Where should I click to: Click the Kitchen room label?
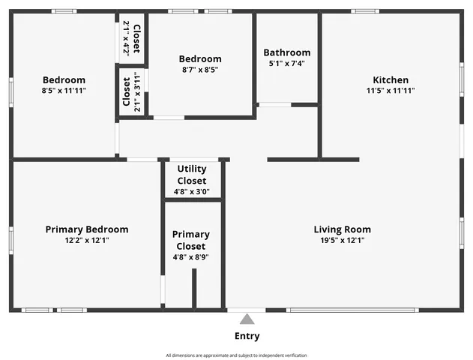[x=391, y=80]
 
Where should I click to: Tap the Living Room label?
[x=342, y=229]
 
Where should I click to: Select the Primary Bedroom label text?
[x=86, y=229]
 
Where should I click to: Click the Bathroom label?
[x=286, y=52]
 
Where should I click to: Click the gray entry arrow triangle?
[x=247, y=319]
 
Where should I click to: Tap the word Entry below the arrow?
[x=247, y=336]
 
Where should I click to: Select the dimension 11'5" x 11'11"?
[x=391, y=91]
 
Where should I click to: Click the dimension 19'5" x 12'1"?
[x=342, y=240]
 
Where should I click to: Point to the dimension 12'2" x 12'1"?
[x=86, y=240]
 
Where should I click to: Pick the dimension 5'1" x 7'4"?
[x=286, y=64]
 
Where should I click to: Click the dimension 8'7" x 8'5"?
[x=199, y=70]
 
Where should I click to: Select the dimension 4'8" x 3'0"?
[x=191, y=191]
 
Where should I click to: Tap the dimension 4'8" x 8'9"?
[x=191, y=257]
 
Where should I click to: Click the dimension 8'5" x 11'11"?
[x=64, y=91]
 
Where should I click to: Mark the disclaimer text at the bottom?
[x=236, y=355]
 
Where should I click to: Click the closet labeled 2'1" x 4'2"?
[x=131, y=37]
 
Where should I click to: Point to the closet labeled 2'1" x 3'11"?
[x=131, y=91]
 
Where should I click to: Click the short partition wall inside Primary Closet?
[x=193, y=288]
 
